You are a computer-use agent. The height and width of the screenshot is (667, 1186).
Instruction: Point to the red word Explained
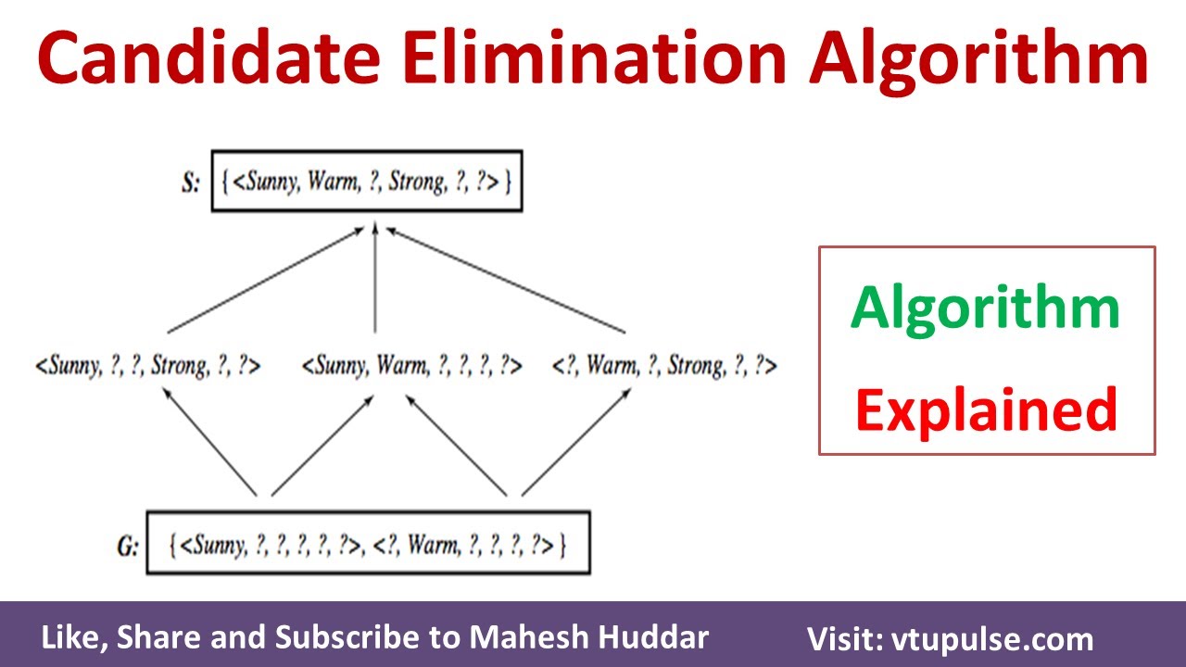pyautogui.click(x=986, y=410)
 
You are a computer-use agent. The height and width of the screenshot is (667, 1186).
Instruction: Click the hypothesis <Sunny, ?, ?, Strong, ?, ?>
pyautogui.click(x=148, y=366)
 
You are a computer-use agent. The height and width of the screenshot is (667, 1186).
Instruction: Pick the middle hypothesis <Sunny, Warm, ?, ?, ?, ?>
pyautogui.click(x=412, y=366)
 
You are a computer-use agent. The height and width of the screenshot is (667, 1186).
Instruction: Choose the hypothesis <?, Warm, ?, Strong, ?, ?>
pyautogui.click(x=663, y=366)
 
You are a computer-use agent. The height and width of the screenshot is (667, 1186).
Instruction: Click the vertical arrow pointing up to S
pyautogui.click(x=374, y=278)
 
